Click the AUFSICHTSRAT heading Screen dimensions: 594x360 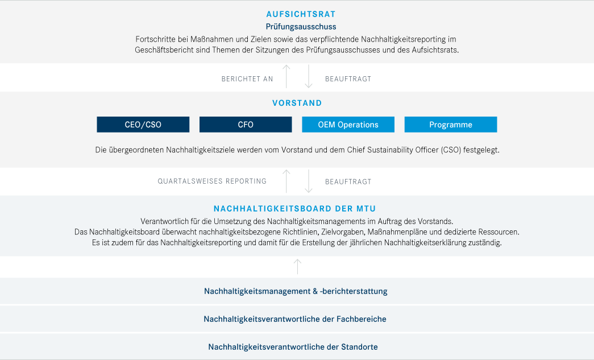[x=301, y=14]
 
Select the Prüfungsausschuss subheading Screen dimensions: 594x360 [x=301, y=27]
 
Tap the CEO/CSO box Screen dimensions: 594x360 [x=143, y=125]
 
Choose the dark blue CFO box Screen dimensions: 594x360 [x=246, y=125]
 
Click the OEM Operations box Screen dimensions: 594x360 [x=348, y=125]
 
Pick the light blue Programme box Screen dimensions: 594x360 [x=451, y=125]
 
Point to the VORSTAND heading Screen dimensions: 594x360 [x=297, y=103]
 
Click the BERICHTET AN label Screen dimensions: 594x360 [x=247, y=79]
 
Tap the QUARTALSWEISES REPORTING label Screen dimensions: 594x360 [x=212, y=181]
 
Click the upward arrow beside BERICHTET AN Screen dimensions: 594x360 [x=286, y=76]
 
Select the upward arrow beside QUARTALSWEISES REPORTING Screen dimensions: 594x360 [x=286, y=181]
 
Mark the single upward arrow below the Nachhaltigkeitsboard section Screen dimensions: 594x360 [x=298, y=266]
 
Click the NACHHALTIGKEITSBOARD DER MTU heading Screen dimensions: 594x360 [x=295, y=209]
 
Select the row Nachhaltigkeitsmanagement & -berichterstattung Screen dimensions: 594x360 [x=296, y=291]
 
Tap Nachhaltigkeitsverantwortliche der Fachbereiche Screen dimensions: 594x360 [x=295, y=319]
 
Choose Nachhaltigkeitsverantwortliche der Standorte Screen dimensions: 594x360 [x=293, y=347]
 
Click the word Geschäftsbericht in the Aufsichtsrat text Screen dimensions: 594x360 [x=164, y=50]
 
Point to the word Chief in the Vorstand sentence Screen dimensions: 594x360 [x=357, y=150]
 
